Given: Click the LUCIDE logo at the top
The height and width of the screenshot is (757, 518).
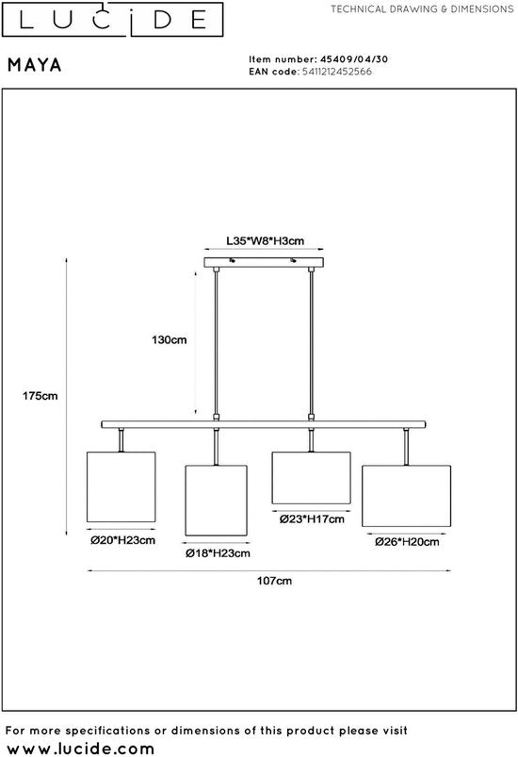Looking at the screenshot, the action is pos(112,19).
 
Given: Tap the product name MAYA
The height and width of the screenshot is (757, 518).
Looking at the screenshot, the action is pos(35,65).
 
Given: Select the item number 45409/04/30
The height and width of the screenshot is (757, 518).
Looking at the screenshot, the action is pos(354,59).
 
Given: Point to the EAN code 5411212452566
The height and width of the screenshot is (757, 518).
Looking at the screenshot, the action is pos(336,72).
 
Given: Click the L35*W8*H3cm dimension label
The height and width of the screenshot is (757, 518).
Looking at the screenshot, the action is pos(266,241).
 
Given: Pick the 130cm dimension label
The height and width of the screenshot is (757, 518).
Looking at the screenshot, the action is pos(170,340).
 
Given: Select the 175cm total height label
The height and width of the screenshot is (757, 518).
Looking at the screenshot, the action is pos(40,396).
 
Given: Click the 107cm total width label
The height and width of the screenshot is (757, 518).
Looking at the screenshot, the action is pos(274,581).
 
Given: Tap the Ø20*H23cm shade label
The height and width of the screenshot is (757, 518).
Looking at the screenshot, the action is pos(123,540).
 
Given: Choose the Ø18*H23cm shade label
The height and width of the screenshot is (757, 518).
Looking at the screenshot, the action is pos(218,553).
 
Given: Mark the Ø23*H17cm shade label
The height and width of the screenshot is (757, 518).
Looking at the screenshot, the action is pos(312,519).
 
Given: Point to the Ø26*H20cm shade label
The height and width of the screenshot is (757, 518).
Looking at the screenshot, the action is pos(407,542).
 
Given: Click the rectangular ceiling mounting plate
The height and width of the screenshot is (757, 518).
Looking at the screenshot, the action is pos(264,263).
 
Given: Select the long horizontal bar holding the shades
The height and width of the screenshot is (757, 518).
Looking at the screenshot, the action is pos(264,424).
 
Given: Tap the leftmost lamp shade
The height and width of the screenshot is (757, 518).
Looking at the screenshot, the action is pos(121,486).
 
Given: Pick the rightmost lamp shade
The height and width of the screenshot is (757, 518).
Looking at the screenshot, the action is pos(407,496).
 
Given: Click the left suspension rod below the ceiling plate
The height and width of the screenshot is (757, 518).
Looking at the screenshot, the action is pos(216,343).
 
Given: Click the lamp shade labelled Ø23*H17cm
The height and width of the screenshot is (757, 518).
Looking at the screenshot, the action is pos(311,478).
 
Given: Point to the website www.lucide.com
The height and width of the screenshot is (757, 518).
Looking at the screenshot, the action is pos(81,748).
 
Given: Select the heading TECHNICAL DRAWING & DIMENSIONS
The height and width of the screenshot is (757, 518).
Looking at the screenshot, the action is pos(422,9).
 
